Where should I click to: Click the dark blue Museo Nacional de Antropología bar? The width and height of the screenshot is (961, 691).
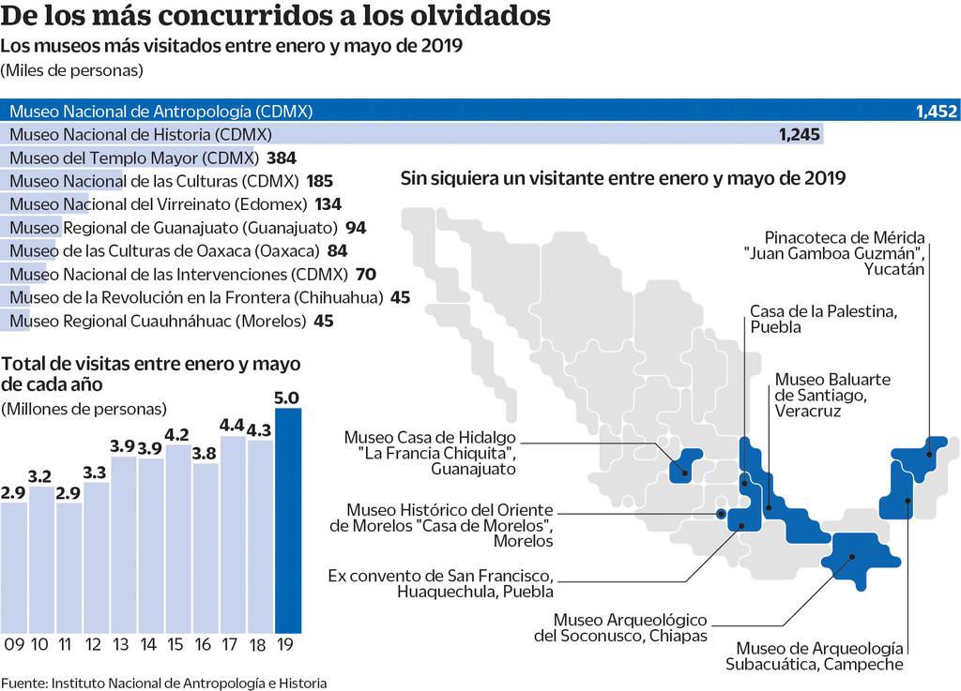tap(479, 111)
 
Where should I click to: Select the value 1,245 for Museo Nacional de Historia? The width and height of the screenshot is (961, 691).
tap(800, 134)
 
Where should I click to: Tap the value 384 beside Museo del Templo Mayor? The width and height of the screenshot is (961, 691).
tap(282, 158)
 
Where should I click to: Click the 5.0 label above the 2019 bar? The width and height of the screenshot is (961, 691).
tap(288, 397)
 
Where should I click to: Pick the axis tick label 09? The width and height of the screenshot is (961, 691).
tap(13, 646)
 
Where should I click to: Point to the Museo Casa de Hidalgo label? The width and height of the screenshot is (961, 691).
tap(431, 452)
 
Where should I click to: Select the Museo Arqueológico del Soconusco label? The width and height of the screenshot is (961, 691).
tap(630, 628)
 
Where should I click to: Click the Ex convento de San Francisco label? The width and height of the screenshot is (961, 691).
tap(440, 583)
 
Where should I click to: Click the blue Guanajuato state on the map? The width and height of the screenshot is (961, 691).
tap(687, 465)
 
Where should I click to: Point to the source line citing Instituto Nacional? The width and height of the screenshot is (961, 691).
tap(164, 683)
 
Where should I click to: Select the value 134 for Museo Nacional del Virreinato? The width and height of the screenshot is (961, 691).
tap(328, 204)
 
